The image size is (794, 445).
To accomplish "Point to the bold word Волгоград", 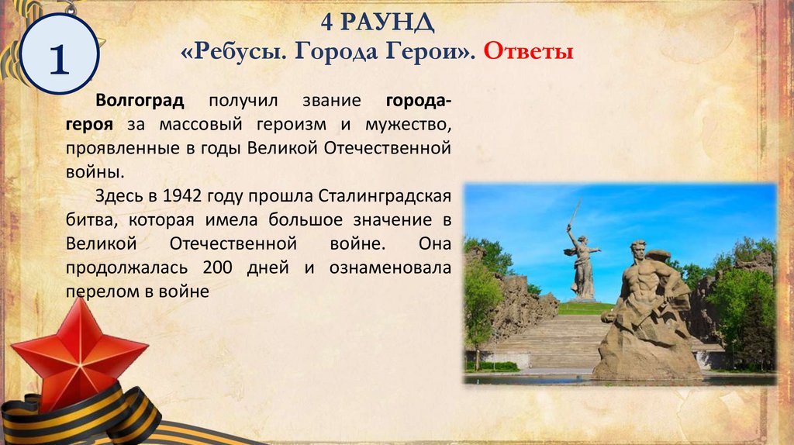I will pos(140,102).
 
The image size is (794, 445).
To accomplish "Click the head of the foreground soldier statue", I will pos(638,252).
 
